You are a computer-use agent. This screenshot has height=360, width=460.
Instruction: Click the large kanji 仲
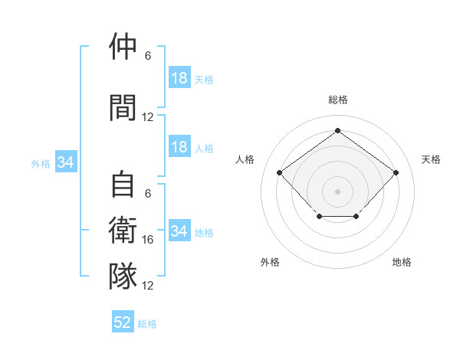(x=123, y=46)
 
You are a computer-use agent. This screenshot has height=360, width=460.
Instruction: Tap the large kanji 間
(x=123, y=107)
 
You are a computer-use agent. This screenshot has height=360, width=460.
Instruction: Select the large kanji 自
(x=123, y=184)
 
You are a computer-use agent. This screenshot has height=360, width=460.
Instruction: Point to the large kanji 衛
(x=123, y=230)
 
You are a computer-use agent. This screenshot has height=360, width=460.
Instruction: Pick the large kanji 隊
(x=123, y=276)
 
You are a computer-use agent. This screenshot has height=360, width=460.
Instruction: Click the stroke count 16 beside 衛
(x=147, y=240)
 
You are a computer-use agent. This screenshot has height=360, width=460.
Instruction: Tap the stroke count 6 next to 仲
(x=148, y=56)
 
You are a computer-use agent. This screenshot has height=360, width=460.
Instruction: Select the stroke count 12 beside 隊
(x=147, y=286)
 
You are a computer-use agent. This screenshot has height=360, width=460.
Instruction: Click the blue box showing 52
(x=123, y=321)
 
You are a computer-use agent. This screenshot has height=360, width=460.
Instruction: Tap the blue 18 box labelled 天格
(x=179, y=77)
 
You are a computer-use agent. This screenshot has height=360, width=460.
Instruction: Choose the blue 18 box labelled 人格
(x=179, y=146)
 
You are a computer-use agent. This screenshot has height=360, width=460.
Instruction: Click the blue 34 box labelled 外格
(x=66, y=162)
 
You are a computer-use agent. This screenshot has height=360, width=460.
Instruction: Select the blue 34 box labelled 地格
(x=179, y=230)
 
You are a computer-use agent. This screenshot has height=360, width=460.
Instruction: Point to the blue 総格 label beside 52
(x=147, y=324)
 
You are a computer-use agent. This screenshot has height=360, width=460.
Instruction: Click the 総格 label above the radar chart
(x=337, y=100)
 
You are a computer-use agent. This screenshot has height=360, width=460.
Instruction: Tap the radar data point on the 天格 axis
(x=396, y=172)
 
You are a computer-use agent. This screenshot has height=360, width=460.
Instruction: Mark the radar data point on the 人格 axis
(x=279, y=172)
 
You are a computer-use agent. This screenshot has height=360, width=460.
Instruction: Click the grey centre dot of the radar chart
(x=337, y=191)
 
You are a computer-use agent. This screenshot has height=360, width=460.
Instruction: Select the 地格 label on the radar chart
(x=402, y=262)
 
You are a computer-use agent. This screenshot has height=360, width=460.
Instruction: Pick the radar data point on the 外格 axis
(x=320, y=216)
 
